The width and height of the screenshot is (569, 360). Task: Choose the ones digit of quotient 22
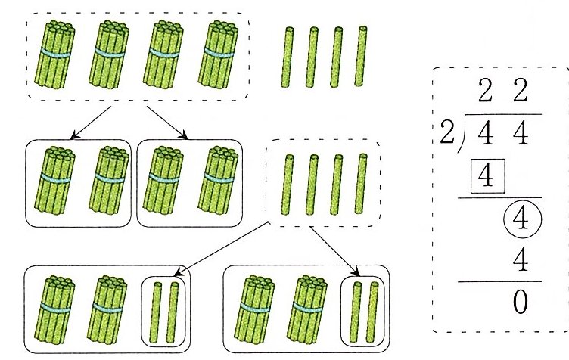(x=519, y=96)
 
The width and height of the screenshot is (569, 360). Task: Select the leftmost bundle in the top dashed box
(x=57, y=54)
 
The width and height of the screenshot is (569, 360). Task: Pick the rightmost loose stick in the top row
(x=362, y=56)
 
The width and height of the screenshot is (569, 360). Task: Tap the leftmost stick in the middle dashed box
(x=288, y=184)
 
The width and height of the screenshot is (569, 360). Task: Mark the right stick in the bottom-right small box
(x=372, y=309)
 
